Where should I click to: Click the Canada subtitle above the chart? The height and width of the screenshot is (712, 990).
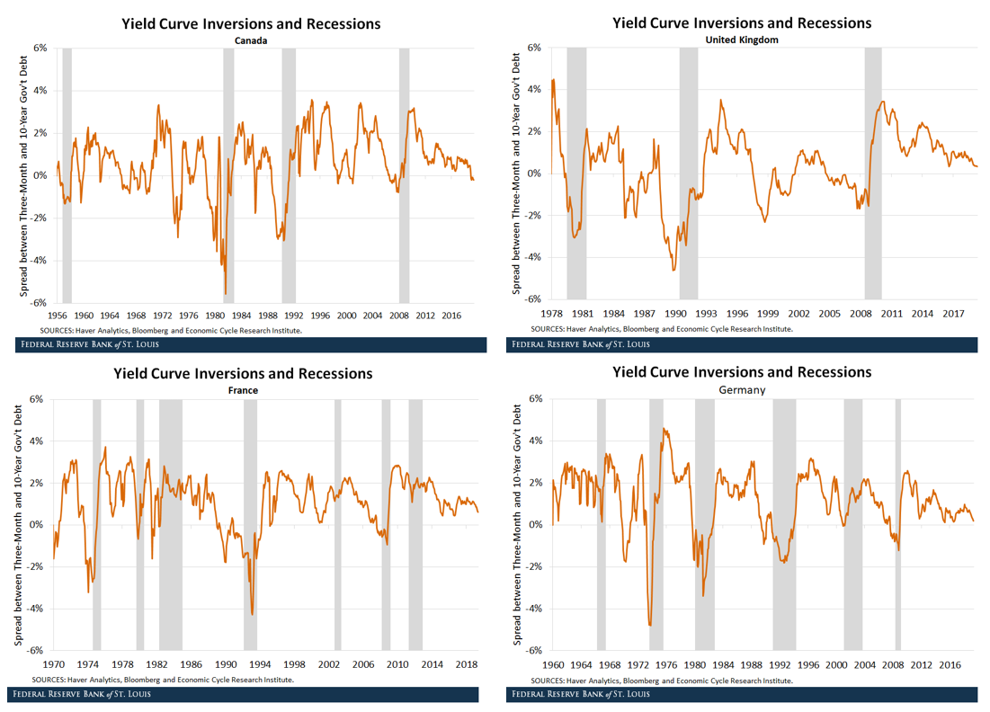[251, 40]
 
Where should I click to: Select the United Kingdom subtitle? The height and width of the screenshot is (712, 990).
[741, 40]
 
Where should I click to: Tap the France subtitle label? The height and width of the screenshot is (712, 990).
[243, 391]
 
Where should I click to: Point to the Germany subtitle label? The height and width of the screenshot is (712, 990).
[742, 390]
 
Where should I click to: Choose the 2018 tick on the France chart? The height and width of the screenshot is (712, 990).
[466, 664]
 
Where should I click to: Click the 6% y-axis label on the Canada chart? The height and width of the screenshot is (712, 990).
[41, 48]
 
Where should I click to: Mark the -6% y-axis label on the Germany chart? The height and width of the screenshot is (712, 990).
[537, 651]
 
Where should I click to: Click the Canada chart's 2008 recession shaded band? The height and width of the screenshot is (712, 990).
[404, 175]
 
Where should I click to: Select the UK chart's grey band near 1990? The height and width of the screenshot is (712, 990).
[688, 173]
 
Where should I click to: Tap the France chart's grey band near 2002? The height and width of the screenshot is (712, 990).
[338, 524]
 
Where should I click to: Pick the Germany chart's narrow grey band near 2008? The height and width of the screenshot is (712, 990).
[897, 524]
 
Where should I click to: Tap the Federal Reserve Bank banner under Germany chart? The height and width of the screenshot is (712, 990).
[742, 694]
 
